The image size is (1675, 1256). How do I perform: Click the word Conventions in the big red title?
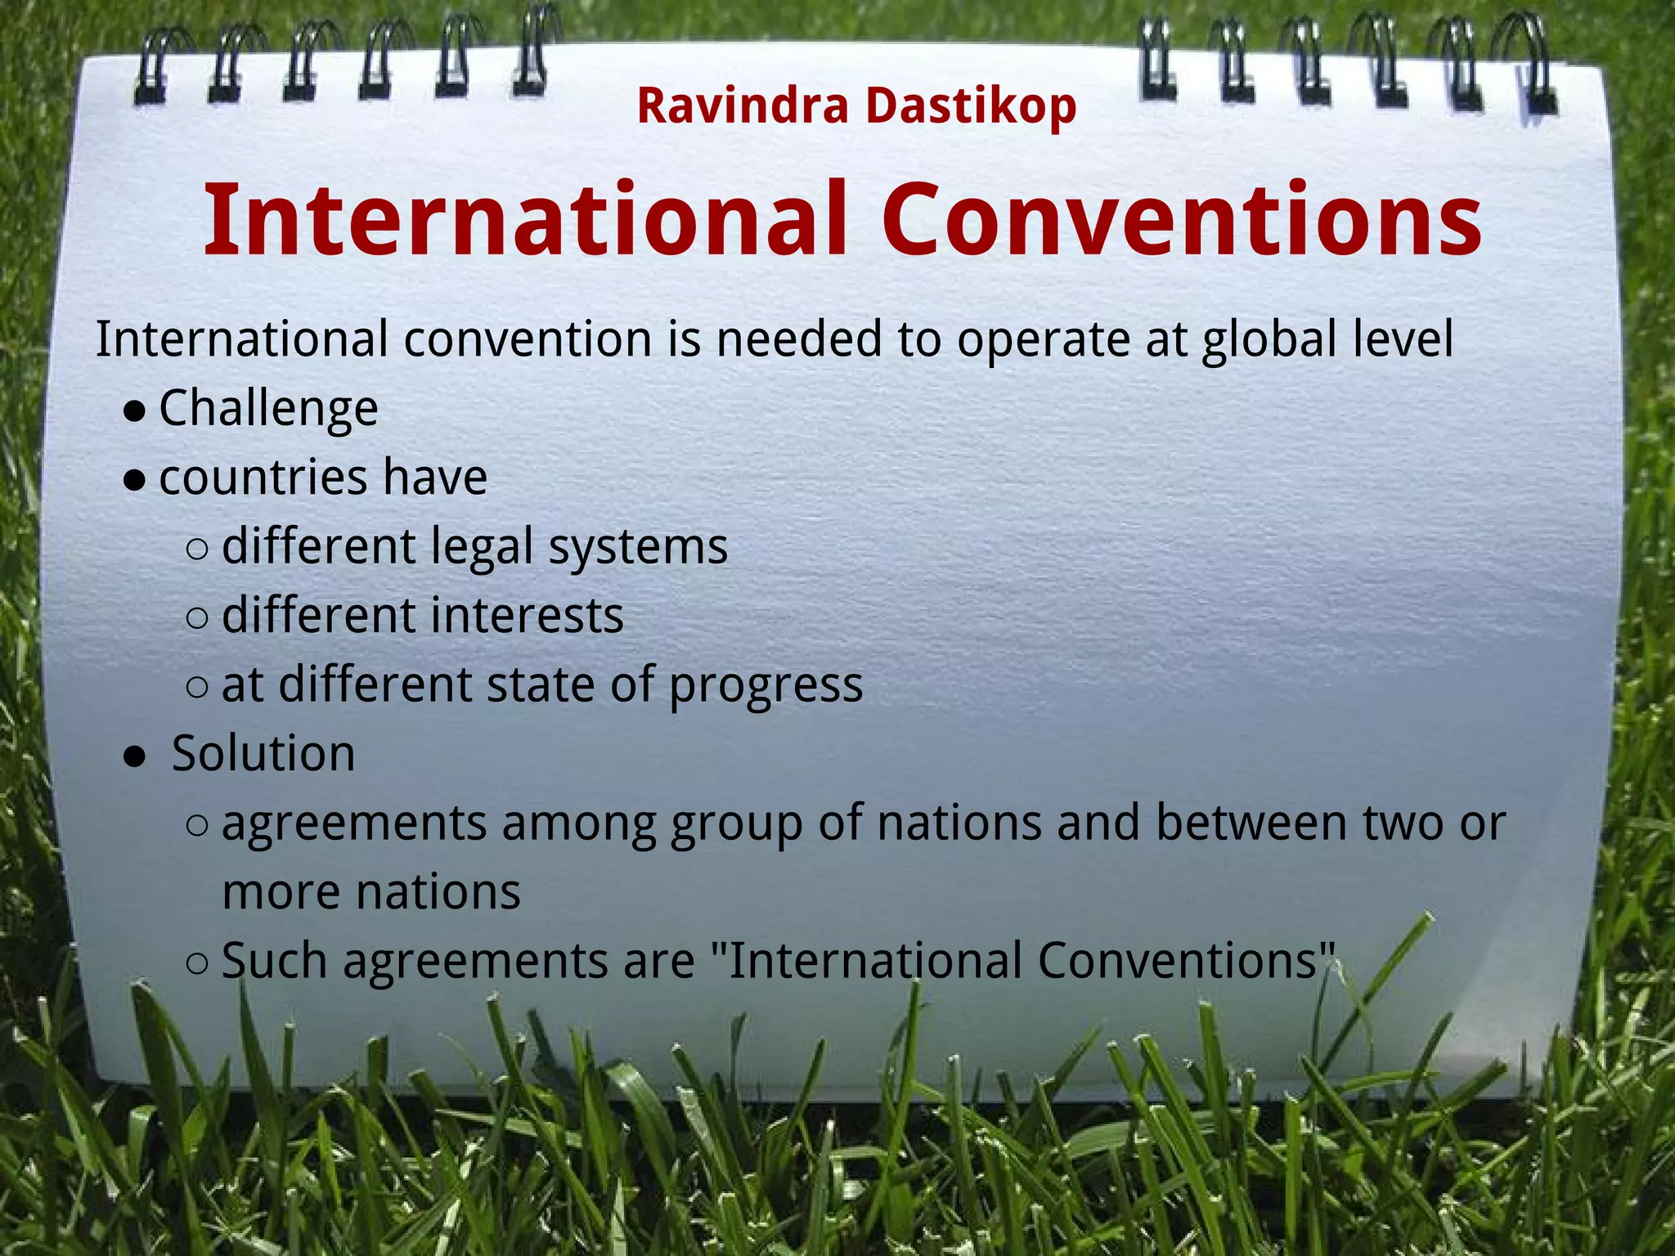1181,219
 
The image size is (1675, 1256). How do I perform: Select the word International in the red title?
524,219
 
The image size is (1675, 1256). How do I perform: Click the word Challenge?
268,408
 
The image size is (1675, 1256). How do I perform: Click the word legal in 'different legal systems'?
482,547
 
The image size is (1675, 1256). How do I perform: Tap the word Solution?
263,753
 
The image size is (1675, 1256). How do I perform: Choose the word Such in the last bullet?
274,960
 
